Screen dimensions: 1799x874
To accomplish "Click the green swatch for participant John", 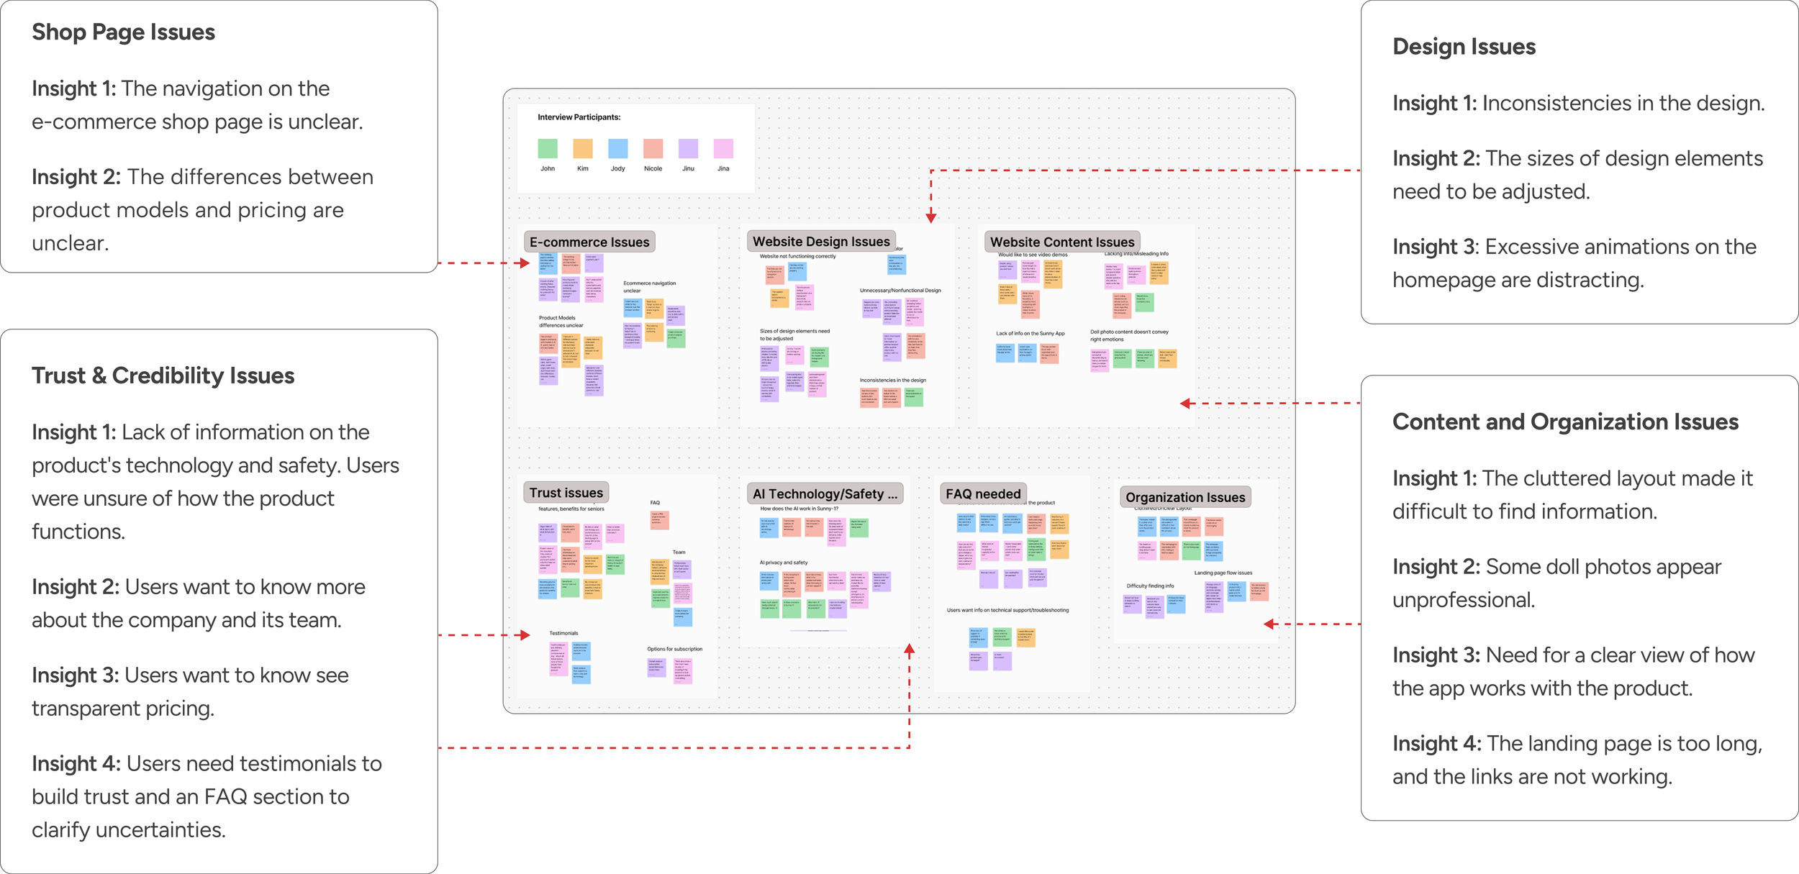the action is (x=548, y=149).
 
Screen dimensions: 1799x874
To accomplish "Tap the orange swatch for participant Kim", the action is (x=583, y=149).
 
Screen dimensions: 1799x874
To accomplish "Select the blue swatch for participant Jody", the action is (x=618, y=149).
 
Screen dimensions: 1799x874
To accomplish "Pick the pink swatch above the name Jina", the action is (x=723, y=149).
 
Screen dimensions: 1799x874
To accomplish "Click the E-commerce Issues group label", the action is (x=589, y=242).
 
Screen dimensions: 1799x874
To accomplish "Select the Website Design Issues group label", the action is (x=821, y=242).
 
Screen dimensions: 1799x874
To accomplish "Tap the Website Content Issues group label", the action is (x=1062, y=242).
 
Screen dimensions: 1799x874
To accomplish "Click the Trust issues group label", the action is (x=566, y=493).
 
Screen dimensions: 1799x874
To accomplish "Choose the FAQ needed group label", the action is (x=983, y=493).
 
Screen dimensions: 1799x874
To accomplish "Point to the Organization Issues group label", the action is (x=1185, y=497).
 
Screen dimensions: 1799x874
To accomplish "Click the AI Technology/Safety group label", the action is (x=825, y=493).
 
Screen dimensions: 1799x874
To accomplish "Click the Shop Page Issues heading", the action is (x=123, y=32).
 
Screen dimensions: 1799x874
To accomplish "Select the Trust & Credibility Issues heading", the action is (x=163, y=375).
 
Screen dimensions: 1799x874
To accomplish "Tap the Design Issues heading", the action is (x=1464, y=47).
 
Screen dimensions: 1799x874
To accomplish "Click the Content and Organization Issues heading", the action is (x=1565, y=422).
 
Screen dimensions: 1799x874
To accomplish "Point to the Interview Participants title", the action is (x=579, y=117).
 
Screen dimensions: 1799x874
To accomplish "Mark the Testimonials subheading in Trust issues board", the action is (x=563, y=633).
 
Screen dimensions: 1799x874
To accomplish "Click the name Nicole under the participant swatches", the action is (x=653, y=168).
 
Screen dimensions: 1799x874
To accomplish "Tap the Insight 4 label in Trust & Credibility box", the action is (x=76, y=763).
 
